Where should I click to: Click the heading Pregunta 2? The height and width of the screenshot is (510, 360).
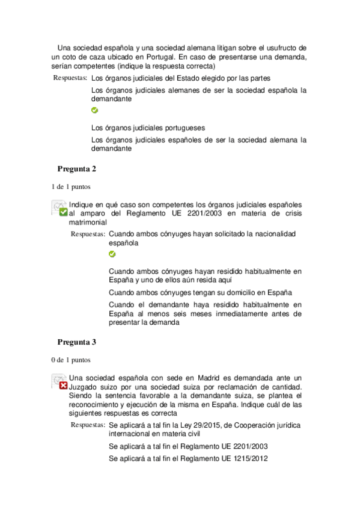(77, 168)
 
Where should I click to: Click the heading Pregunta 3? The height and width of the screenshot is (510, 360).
(77, 342)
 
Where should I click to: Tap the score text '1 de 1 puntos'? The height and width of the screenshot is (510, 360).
(72, 186)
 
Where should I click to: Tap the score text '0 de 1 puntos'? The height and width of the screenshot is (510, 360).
(72, 360)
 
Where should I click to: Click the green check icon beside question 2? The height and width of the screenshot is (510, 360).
(63, 212)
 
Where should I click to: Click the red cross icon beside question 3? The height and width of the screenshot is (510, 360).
(63, 386)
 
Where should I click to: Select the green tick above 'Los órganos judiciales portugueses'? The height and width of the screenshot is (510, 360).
(94, 111)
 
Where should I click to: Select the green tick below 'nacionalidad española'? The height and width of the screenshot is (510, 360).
(112, 254)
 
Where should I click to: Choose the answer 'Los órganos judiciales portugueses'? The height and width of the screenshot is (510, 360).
(148, 127)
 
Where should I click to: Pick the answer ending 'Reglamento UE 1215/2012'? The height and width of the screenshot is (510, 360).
(188, 458)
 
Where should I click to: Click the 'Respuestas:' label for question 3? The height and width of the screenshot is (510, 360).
(88, 425)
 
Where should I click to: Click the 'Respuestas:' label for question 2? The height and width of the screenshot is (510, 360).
(88, 234)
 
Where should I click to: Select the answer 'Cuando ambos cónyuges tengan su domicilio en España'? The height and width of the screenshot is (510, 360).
(200, 292)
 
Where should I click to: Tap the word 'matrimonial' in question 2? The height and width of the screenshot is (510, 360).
(88, 222)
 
